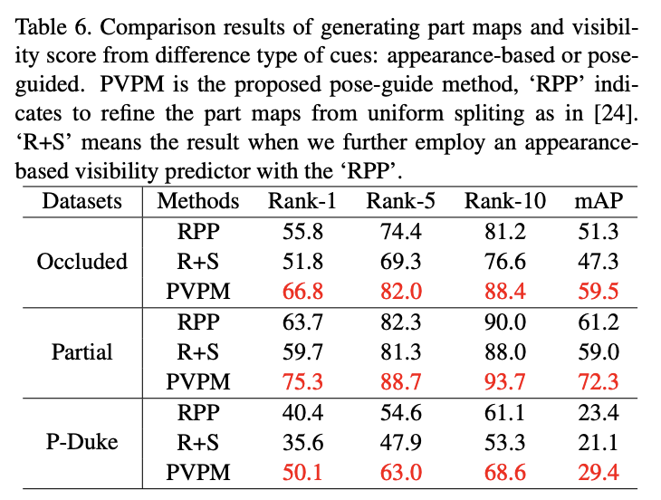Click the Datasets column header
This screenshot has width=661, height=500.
pyautogui.click(x=81, y=200)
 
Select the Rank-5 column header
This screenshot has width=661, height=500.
pyautogui.click(x=400, y=200)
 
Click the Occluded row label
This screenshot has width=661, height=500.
pyautogui.click(x=81, y=262)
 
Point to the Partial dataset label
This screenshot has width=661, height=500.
pyautogui.click(x=81, y=351)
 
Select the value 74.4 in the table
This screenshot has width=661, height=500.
pyautogui.click(x=400, y=232)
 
